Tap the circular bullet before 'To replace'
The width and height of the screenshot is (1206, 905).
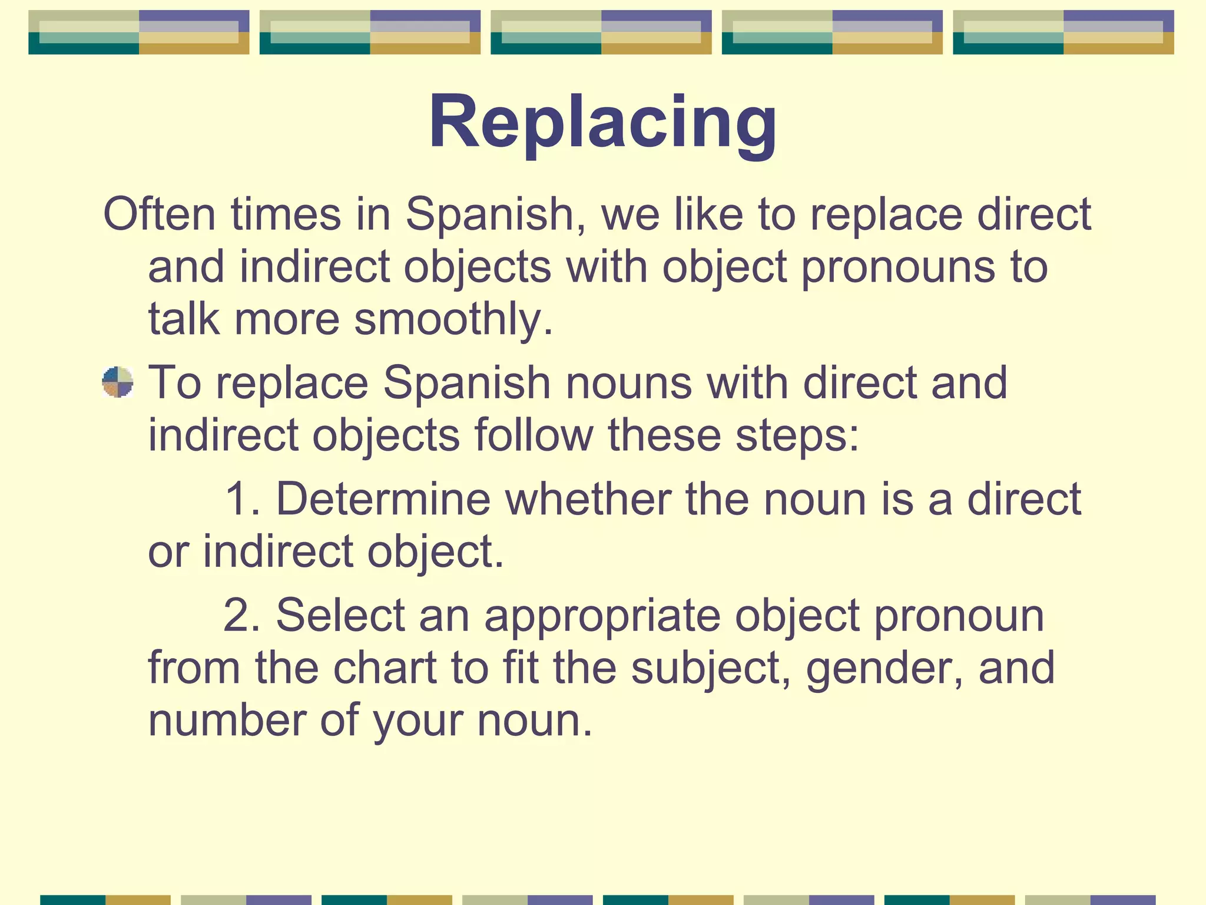[118, 382]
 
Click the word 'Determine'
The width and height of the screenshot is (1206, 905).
[383, 499]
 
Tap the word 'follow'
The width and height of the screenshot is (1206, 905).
[534, 435]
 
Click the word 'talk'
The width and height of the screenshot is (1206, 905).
[183, 319]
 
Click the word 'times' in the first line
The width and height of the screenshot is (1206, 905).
[286, 214]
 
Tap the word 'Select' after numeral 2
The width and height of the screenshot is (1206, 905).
[340, 615]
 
